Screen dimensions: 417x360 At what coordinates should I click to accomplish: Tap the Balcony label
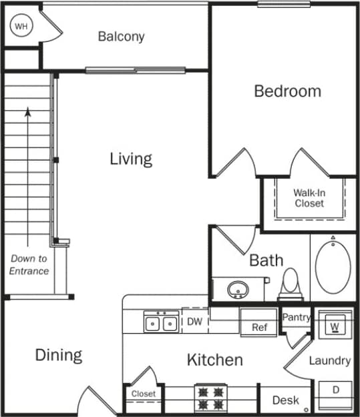pyautogui.click(x=121, y=37)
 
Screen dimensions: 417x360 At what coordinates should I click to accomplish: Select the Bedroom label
pyautogui.click(x=287, y=91)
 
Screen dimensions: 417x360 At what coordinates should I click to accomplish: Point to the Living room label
pyautogui.click(x=131, y=159)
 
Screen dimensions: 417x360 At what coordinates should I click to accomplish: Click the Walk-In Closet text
pyautogui.click(x=309, y=198)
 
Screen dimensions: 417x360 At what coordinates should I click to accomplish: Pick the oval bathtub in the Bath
pyautogui.click(x=333, y=267)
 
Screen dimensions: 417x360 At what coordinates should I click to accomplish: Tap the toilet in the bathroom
pyautogui.click(x=289, y=283)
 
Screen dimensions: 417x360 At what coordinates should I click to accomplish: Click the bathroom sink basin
pyautogui.click(x=237, y=290)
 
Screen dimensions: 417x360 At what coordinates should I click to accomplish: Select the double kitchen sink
pyautogui.click(x=161, y=324)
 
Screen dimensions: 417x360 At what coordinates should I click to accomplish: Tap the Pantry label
pyautogui.click(x=296, y=318)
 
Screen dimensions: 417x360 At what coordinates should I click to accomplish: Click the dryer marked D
pyautogui.click(x=335, y=389)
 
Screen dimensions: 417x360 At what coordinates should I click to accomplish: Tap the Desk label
pyautogui.click(x=286, y=400)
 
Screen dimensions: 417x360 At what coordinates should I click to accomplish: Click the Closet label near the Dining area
pyautogui.click(x=143, y=394)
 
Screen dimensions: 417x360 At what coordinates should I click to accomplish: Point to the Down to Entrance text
pyautogui.click(x=29, y=264)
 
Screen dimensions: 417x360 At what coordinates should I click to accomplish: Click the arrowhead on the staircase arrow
pyautogui.click(x=27, y=112)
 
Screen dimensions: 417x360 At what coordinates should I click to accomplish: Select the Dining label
pyautogui.click(x=59, y=355)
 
